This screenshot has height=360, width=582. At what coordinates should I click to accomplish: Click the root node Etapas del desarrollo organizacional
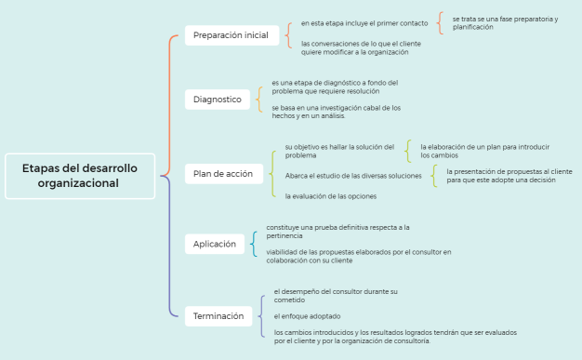[x=79, y=175]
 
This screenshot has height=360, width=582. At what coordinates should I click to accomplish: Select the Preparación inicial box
[x=231, y=36]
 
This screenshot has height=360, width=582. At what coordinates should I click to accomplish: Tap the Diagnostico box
[x=217, y=99]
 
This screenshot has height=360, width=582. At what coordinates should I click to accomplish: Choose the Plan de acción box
[x=222, y=173]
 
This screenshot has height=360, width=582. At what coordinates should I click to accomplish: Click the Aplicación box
[x=215, y=244]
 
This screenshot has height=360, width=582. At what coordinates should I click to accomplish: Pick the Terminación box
[x=218, y=315]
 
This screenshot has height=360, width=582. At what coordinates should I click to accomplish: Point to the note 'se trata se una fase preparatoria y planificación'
[x=505, y=22]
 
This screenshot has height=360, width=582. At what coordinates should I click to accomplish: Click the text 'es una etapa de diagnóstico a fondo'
[x=335, y=87]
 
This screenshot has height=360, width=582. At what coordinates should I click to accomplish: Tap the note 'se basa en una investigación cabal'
[x=336, y=112]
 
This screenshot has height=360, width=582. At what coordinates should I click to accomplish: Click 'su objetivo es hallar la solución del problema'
[x=339, y=151]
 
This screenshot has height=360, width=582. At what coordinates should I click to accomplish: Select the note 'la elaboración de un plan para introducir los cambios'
[x=484, y=151]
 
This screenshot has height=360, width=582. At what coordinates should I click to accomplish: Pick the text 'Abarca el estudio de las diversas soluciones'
[x=353, y=176]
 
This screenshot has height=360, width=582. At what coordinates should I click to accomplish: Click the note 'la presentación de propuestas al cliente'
[x=509, y=175]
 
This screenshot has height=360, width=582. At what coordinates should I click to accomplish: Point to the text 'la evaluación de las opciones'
[x=330, y=196]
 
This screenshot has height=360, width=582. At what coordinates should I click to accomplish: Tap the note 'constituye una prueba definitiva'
[x=337, y=231]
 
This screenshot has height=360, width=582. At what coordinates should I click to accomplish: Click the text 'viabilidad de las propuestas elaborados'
[x=358, y=256]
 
